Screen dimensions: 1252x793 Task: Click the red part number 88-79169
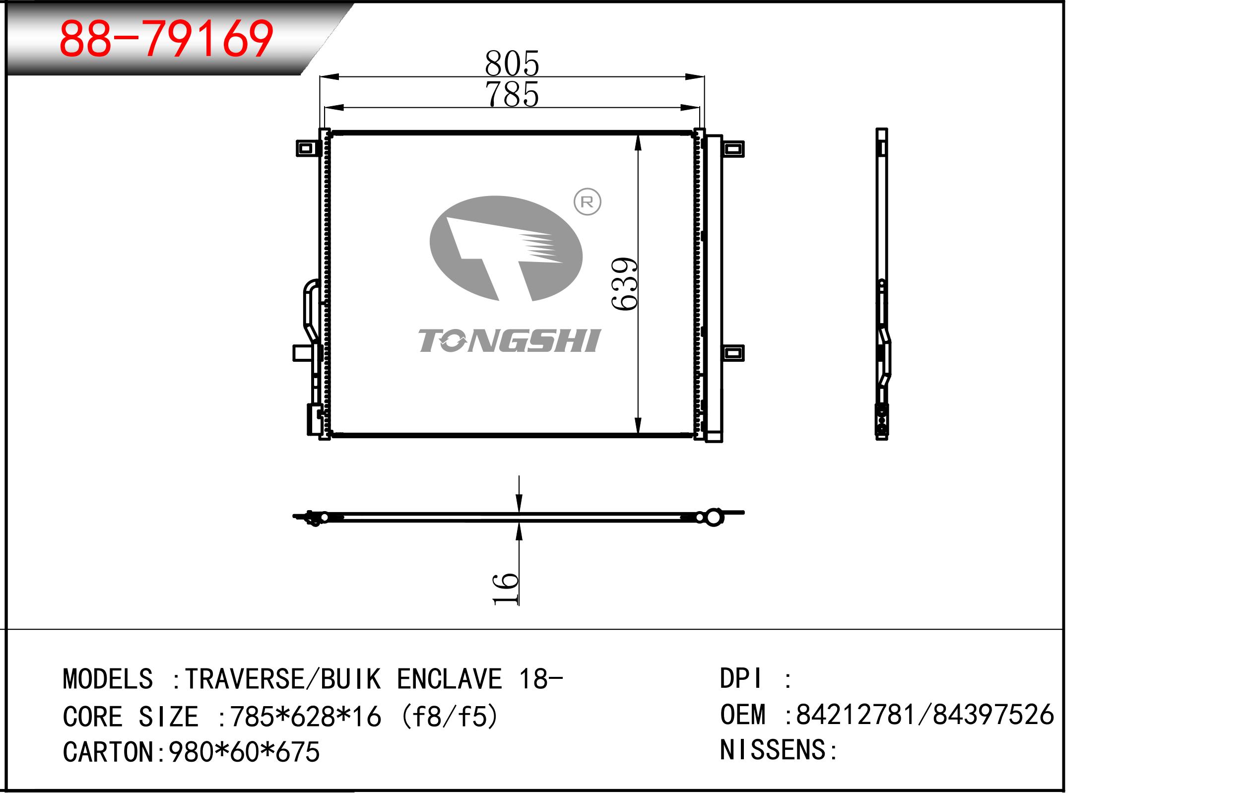point(166,39)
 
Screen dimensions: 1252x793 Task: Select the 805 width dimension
point(512,63)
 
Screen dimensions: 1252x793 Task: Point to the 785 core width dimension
point(512,94)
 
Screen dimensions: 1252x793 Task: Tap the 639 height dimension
point(624,284)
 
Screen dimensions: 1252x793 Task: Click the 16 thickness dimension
point(505,589)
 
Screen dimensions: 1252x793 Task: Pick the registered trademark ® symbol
point(587,202)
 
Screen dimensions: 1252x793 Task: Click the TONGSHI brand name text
point(510,341)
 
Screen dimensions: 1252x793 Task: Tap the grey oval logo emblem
point(506,249)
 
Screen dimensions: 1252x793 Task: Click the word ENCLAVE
point(450,678)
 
